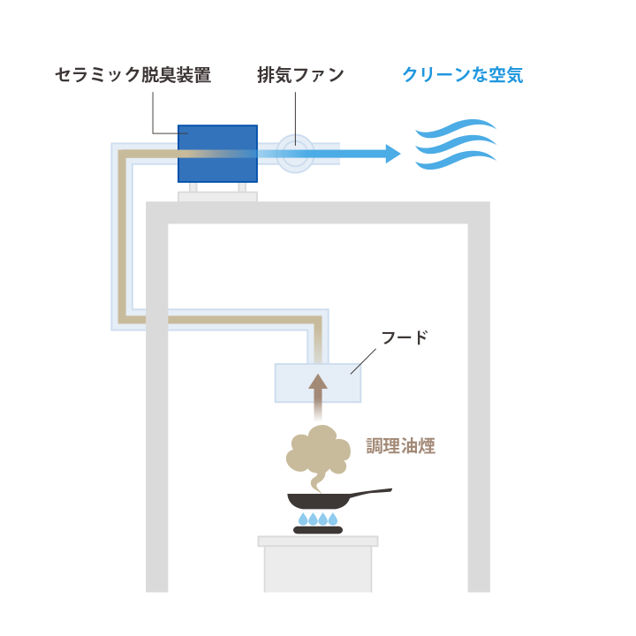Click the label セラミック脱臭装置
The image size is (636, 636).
(x=133, y=75)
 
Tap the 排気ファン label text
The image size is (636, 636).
(x=300, y=75)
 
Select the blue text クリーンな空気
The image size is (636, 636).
(x=463, y=75)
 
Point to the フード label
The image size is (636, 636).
(x=405, y=337)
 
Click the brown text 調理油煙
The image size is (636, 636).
(x=401, y=446)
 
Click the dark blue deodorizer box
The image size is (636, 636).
(x=218, y=154)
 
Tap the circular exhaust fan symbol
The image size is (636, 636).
(x=295, y=154)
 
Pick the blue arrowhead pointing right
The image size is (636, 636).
(x=393, y=154)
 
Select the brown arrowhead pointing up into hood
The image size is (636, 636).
(x=318, y=382)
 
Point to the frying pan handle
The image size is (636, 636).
(x=370, y=492)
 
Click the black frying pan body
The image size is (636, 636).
(x=319, y=501)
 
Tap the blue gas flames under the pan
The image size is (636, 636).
(x=318, y=519)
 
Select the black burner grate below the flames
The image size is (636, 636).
(x=318, y=530)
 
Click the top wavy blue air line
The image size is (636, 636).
(x=456, y=128)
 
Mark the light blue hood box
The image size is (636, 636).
(x=318, y=382)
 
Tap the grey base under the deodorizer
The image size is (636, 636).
(x=217, y=197)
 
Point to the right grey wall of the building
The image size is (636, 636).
(x=479, y=397)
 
